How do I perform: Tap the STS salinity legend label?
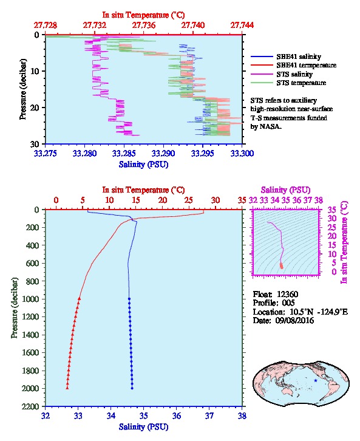click(294, 74)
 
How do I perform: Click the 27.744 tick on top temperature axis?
click(242, 26)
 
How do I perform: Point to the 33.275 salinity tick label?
click(46, 153)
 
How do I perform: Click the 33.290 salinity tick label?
click(163, 153)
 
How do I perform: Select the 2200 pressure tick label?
click(30, 406)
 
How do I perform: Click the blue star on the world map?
click(316, 380)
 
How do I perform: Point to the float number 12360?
click(287, 294)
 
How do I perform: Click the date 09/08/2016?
click(294, 320)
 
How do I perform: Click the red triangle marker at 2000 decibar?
click(67, 388)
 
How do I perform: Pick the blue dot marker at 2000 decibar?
click(132, 388)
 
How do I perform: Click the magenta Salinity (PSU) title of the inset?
click(285, 190)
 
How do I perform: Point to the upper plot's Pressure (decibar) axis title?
click(22, 89)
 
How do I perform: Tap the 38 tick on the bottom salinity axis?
click(242, 415)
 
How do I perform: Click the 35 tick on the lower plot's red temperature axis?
click(242, 200)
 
